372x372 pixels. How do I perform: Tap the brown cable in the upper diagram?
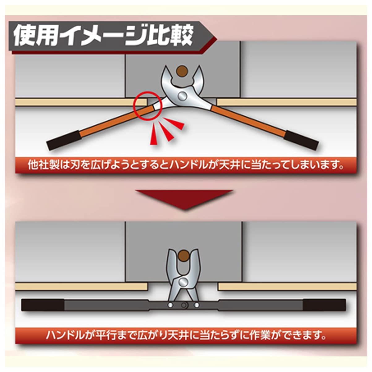pos(182,71)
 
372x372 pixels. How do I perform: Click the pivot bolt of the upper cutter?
pos(183,96)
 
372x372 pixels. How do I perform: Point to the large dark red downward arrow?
pos(184,199)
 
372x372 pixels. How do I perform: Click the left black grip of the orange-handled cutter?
pos(64,140)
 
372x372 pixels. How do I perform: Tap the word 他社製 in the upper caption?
pos(44,165)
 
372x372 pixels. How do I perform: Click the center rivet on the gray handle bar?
pos(184,305)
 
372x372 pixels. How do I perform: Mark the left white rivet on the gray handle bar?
pos(170,305)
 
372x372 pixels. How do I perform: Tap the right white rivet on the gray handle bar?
pos(197,305)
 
